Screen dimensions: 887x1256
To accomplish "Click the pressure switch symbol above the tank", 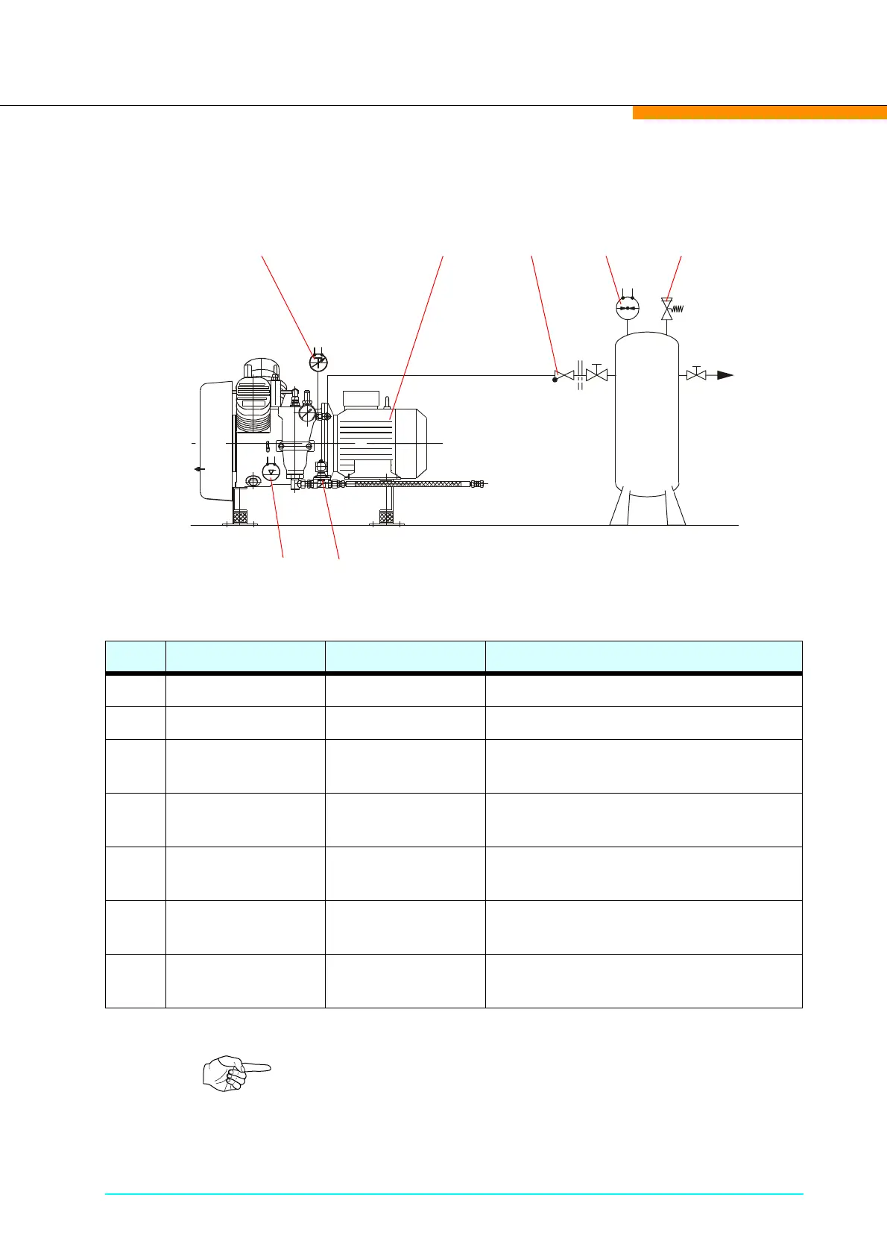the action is click(x=628, y=308).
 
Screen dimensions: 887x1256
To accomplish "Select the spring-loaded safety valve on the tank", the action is click(x=667, y=308).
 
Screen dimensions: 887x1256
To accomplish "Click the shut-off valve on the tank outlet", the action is click(x=696, y=374).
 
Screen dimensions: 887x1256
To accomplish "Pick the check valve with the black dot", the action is click(x=564, y=374).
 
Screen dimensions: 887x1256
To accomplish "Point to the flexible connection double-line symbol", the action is click(x=580, y=375).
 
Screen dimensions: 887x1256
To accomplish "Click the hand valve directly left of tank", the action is click(x=596, y=374).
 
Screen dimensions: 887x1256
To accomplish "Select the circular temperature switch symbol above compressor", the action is click(x=318, y=362).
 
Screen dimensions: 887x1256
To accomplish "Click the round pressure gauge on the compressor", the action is click(x=307, y=412).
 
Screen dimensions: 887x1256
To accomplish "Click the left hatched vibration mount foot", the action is click(x=240, y=515).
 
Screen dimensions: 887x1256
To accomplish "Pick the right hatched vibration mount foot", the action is click(x=387, y=515).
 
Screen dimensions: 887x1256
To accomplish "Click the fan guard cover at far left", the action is click(x=215, y=440).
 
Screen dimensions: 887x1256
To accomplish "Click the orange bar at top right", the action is click(x=760, y=113).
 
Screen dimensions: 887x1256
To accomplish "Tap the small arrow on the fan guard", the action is click(x=198, y=469).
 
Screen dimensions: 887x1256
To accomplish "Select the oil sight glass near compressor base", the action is click(x=253, y=483).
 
